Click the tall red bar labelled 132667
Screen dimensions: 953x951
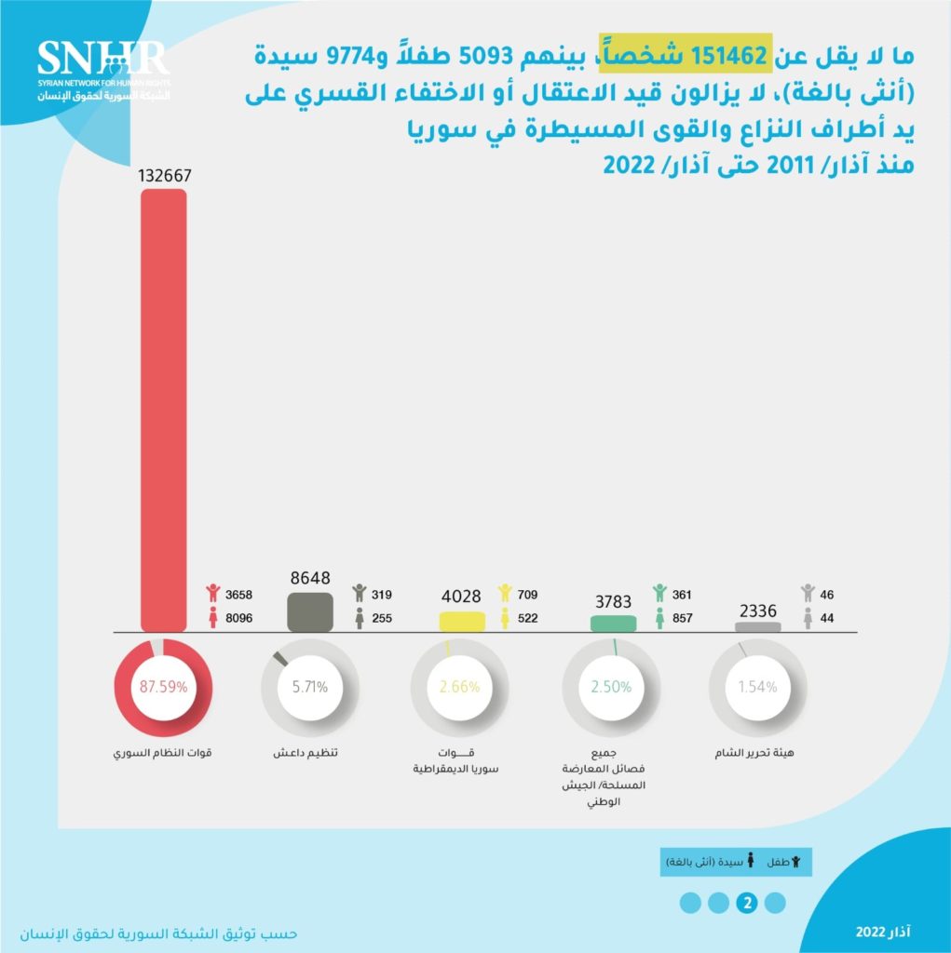click(x=163, y=409)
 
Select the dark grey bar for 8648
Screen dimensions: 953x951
click(x=310, y=612)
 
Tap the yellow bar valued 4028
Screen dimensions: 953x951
click(x=462, y=621)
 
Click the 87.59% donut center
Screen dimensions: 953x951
click(x=163, y=687)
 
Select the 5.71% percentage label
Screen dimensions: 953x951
click(x=309, y=687)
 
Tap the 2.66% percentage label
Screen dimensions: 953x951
click(x=459, y=687)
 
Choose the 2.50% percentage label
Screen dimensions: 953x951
click(x=611, y=687)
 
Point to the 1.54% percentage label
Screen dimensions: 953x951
click(x=759, y=687)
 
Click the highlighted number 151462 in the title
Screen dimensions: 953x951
click(x=727, y=56)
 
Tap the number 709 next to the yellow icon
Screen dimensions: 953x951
click(x=529, y=594)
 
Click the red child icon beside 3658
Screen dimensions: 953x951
click(x=213, y=593)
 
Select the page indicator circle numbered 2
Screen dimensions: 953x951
click(x=746, y=902)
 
